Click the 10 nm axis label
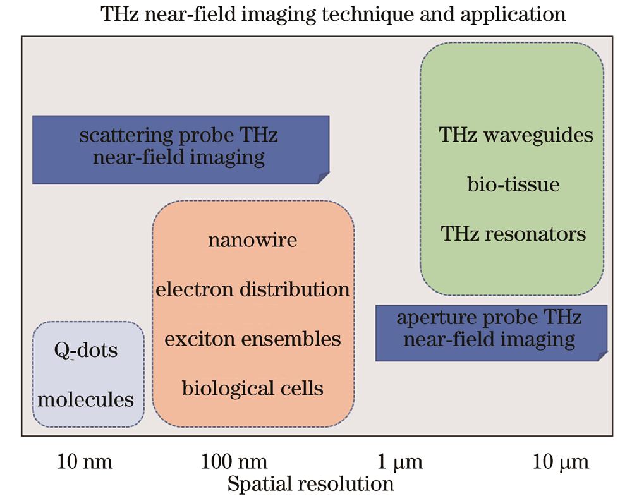click(85, 461)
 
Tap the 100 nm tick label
click(234, 461)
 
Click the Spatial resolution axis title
click(310, 484)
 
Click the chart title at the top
click(333, 15)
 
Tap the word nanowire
click(253, 240)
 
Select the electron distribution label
click(253, 289)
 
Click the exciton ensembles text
click(253, 339)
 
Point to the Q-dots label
click(86, 350)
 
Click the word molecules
click(85, 400)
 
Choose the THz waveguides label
click(516, 135)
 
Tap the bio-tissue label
click(513, 184)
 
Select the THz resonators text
click(513, 234)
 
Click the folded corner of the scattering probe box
click(323, 178)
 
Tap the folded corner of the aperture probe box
click(602, 356)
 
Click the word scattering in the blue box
click(126, 136)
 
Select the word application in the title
click(513, 15)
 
